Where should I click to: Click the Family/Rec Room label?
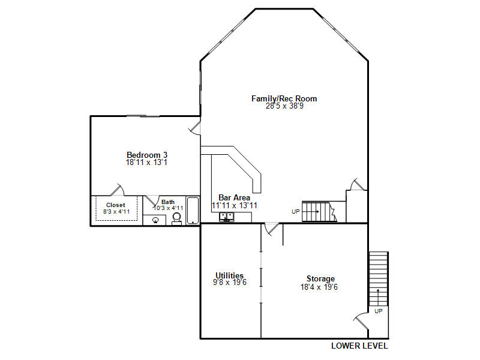[284, 98]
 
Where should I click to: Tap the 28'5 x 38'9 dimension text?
[284, 106]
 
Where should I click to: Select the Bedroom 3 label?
[147, 155]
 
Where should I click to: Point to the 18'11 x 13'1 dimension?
[146, 162]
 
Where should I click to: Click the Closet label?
[116, 205]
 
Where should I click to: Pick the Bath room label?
[168, 202]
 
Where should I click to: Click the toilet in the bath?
[176, 218]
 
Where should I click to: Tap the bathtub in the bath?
[193, 211]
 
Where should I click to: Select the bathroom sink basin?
[155, 220]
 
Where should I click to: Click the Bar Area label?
[234, 198]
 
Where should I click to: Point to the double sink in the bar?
[227, 217]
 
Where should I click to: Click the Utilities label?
[230, 275]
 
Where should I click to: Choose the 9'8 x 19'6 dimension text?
[230, 282]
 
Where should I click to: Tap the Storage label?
[320, 279]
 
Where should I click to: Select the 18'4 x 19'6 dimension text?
[319, 287]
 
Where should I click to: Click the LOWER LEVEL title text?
[359, 346]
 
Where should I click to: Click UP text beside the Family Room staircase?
[295, 212]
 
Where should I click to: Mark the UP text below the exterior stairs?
[379, 311]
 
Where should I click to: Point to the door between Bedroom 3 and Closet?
[117, 190]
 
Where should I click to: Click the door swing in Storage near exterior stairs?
[361, 322]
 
